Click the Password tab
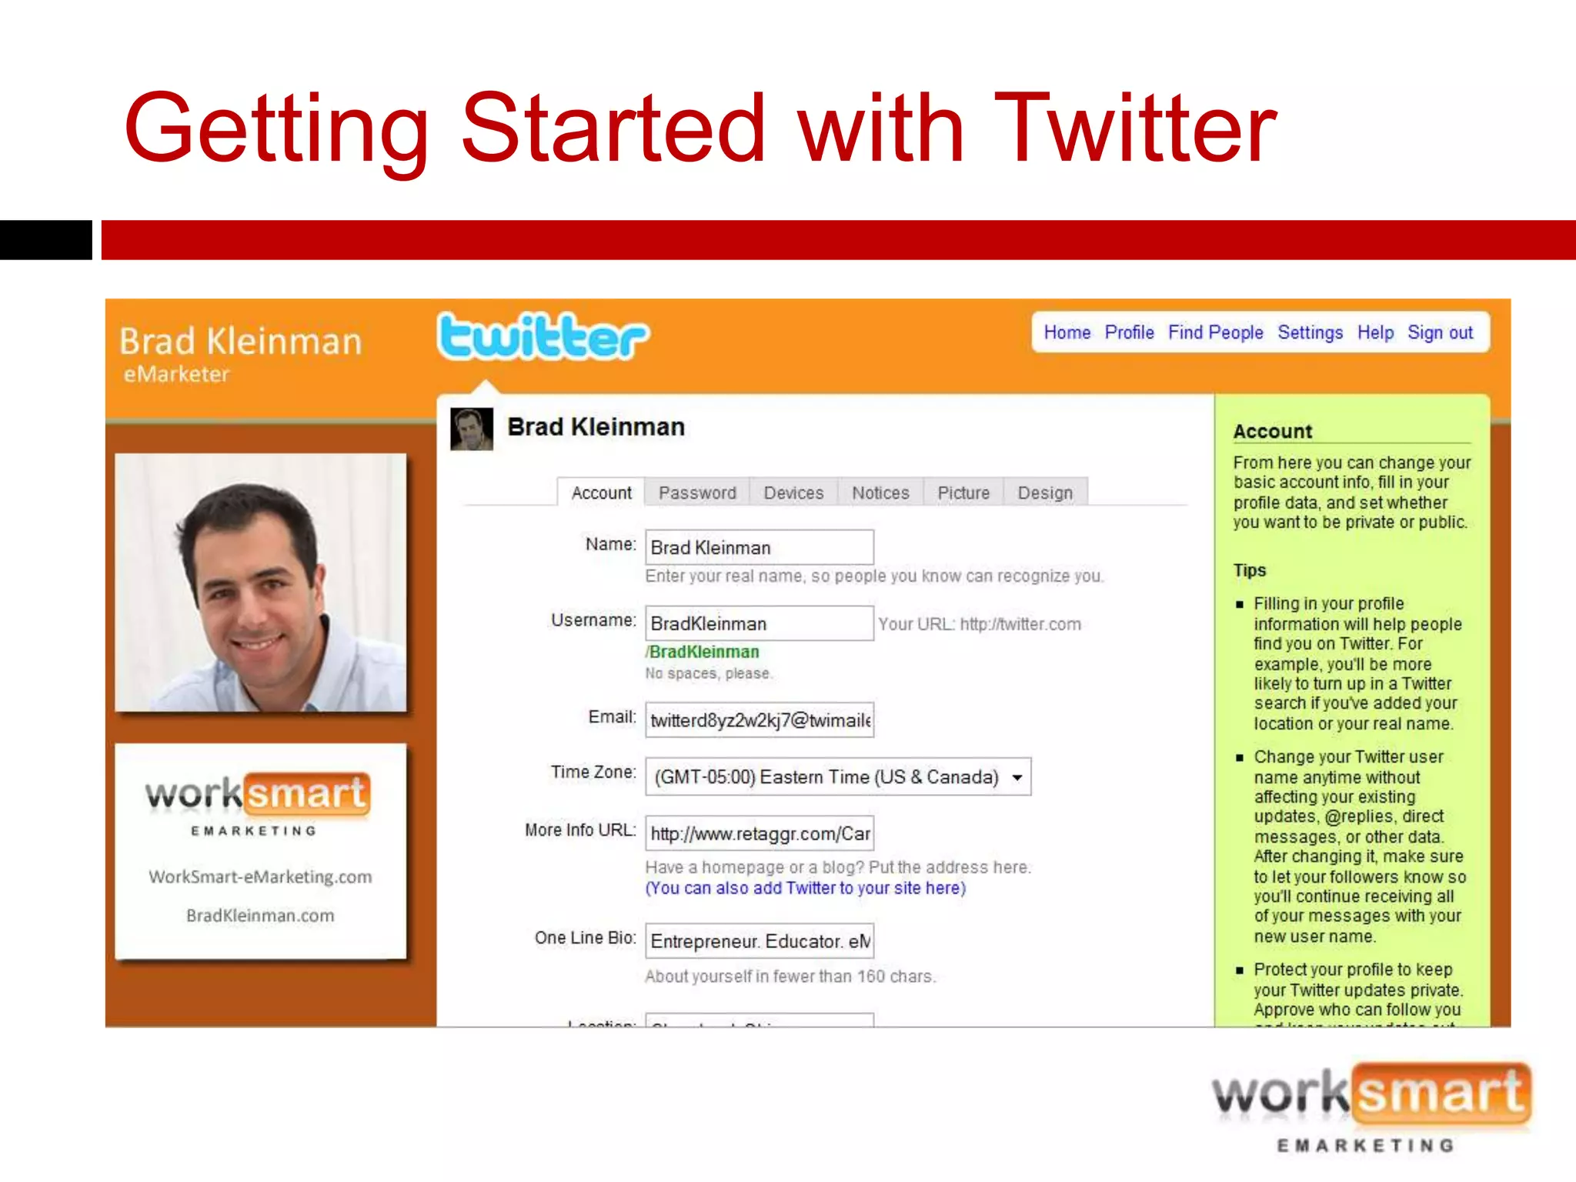tap(696, 492)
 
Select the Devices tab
tap(793, 492)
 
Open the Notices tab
tap(880, 492)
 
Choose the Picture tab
tap(963, 492)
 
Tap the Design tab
tap(1045, 492)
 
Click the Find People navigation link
tap(1215, 332)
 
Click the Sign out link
tap(1440, 332)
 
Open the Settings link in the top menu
tap(1310, 332)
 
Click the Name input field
tap(759, 547)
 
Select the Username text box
tap(759, 623)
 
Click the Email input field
tap(759, 720)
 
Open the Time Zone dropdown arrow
tap(1017, 777)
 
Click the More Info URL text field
tap(759, 833)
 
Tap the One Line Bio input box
tap(759, 941)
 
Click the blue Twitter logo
tap(543, 337)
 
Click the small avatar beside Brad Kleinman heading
tap(471, 429)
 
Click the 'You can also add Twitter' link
tap(805, 888)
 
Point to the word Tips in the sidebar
tap(1249, 570)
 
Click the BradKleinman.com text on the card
tap(260, 916)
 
